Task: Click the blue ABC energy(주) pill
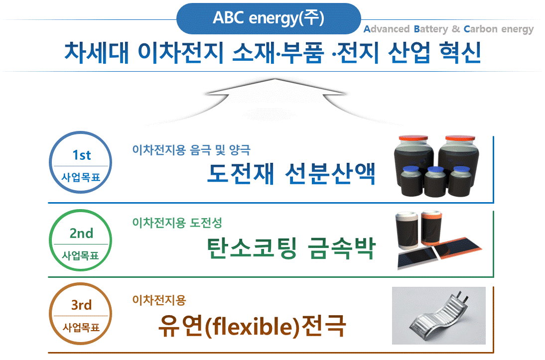coord(269,18)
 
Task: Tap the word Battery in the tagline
coord(431,29)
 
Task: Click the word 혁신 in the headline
coord(460,52)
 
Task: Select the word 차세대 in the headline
coord(97,52)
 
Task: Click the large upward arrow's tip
coord(275,79)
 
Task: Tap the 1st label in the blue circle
coord(82,155)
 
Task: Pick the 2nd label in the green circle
coord(81,233)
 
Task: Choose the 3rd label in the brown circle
coord(81,305)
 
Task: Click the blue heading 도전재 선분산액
coord(291,173)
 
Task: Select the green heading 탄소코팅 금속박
coord(291,248)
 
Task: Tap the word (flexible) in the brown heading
coord(253,327)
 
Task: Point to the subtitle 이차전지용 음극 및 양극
coord(191,150)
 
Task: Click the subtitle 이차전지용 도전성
coord(177,223)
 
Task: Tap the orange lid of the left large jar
coord(413,138)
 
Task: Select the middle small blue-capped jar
coord(435,181)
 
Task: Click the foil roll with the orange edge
coord(431,228)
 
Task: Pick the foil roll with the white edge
coord(407,231)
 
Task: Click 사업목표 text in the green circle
coord(81,256)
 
